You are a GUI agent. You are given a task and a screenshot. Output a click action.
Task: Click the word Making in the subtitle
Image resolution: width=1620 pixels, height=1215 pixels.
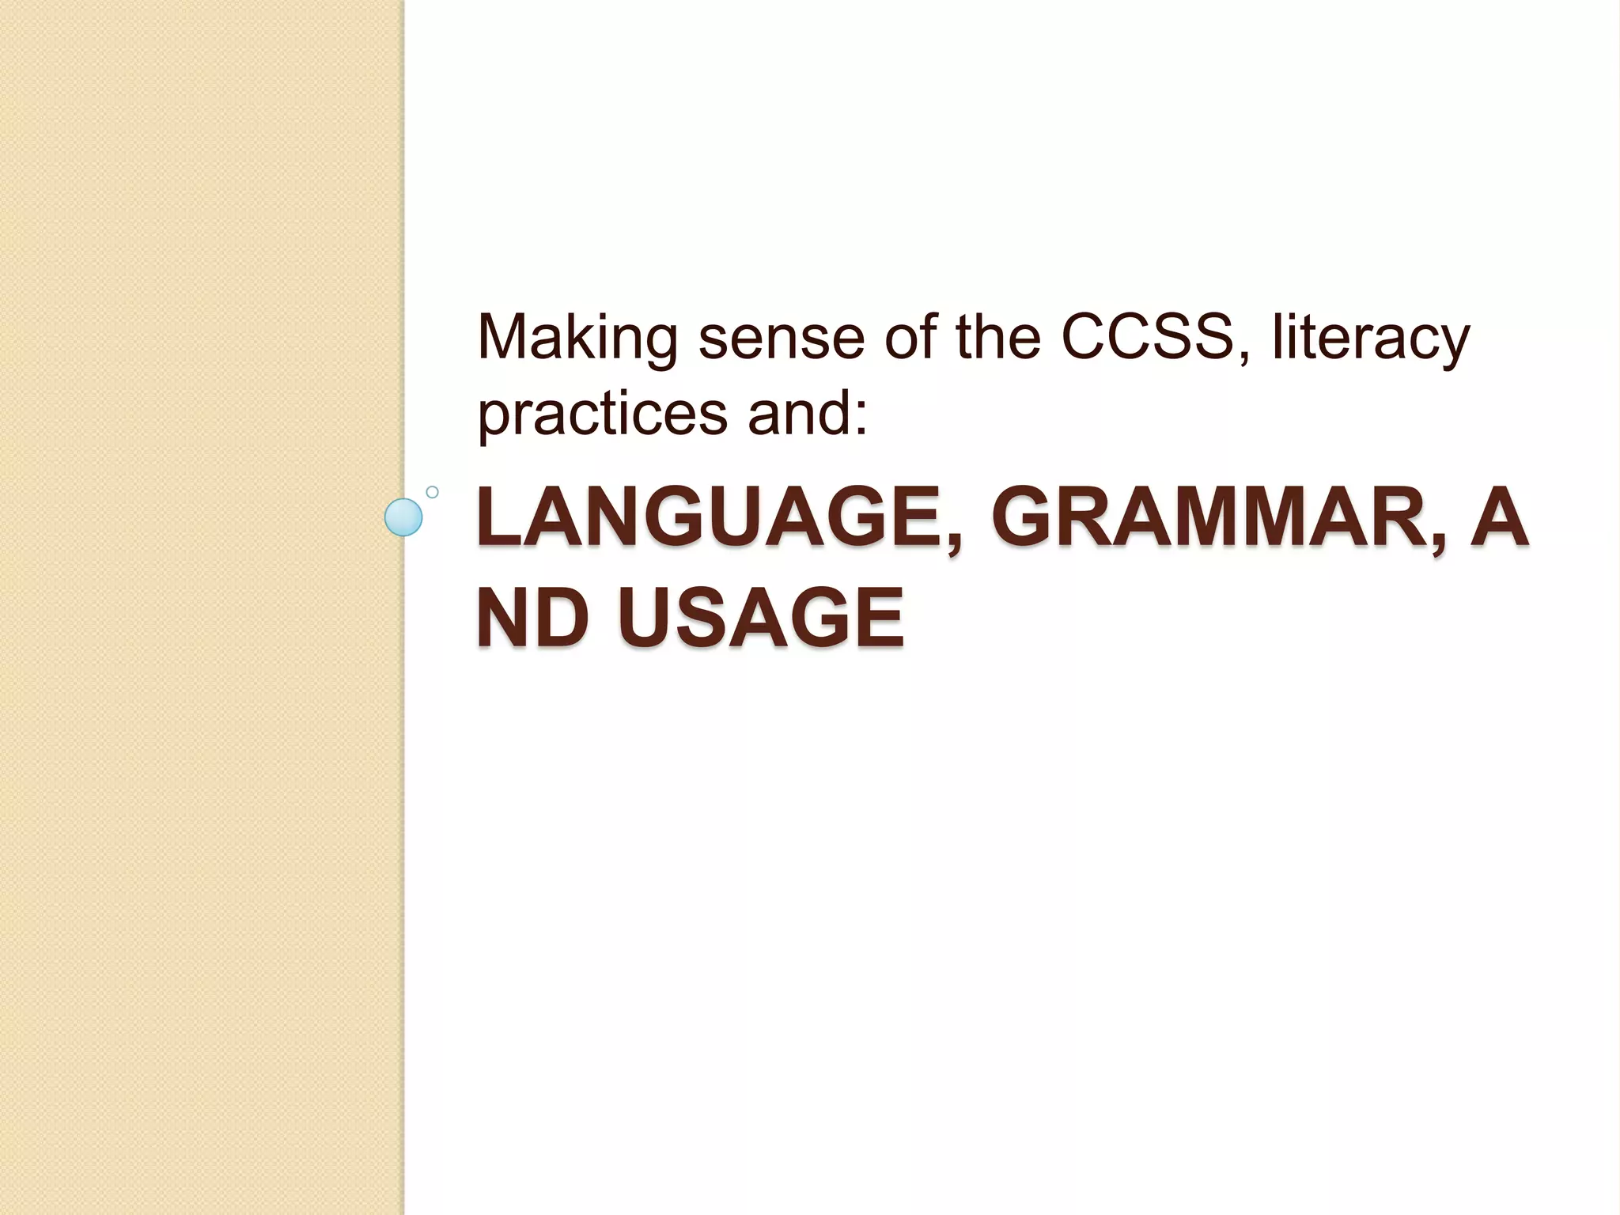(577, 339)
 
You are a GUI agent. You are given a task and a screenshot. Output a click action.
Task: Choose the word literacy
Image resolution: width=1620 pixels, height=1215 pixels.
(1370, 339)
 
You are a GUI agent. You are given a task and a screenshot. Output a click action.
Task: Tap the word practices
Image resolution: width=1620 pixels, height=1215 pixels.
(602, 414)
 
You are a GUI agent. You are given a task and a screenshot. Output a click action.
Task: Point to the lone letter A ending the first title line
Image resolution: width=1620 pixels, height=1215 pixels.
(1498, 519)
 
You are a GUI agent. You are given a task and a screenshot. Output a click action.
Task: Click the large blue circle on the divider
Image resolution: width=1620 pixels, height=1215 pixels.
(403, 517)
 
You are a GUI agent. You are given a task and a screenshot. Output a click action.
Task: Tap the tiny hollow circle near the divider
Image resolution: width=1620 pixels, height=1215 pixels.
(432, 492)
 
